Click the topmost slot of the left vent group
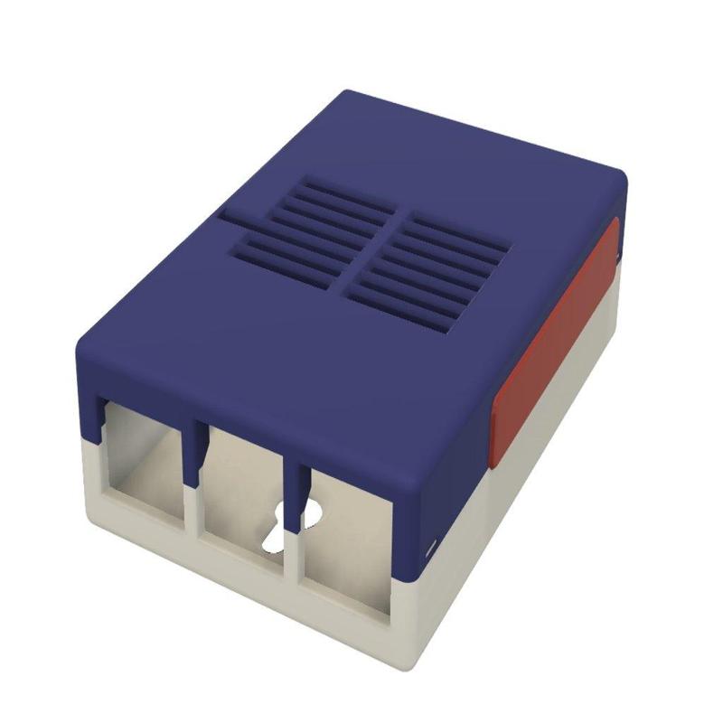[333, 187]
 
